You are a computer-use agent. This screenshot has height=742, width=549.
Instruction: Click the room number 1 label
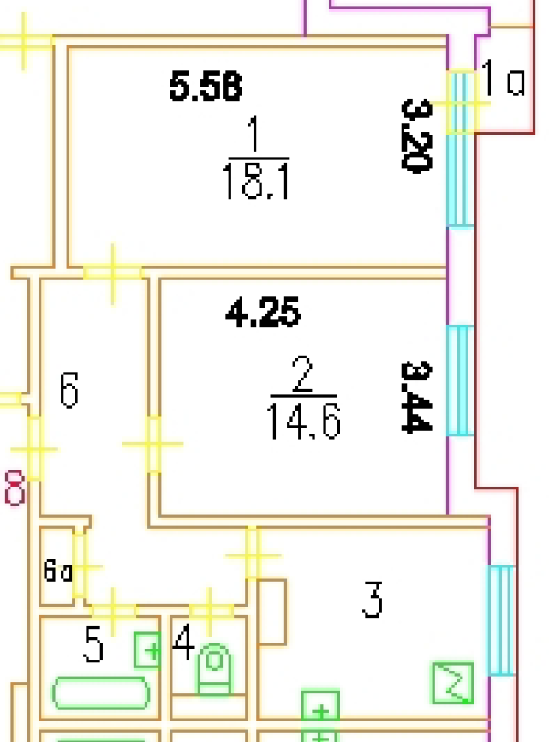click(254, 135)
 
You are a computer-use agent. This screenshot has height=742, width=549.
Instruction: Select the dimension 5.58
click(206, 87)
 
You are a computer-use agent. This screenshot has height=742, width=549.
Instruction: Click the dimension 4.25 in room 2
click(263, 314)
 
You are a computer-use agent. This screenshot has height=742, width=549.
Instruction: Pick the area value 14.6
click(303, 422)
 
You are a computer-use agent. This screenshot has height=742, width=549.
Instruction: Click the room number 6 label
click(69, 390)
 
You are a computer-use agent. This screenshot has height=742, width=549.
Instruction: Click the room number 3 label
click(372, 600)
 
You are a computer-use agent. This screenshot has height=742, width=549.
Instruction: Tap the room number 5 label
click(94, 645)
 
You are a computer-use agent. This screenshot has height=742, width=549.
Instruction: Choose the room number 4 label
click(182, 643)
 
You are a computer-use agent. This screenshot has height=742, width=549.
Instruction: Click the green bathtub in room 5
click(101, 693)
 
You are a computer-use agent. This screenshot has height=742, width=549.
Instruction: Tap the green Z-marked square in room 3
click(452, 683)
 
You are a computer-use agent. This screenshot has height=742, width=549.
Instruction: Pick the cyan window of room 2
click(461, 380)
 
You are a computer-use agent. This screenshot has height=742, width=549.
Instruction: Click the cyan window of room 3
click(501, 619)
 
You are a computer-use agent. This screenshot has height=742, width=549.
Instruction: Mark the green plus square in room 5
click(148, 651)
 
